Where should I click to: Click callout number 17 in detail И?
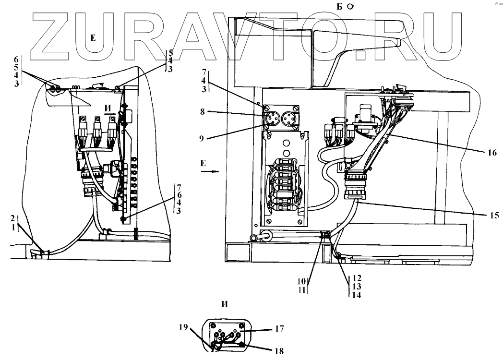coord(280,329)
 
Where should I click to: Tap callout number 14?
coord(356,295)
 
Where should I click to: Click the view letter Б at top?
coord(340,6)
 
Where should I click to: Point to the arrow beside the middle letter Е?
coord(214,170)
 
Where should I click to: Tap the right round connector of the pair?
coord(290,118)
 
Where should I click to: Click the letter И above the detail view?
coord(224,304)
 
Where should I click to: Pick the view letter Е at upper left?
coord(93,38)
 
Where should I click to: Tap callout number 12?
coord(356,278)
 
